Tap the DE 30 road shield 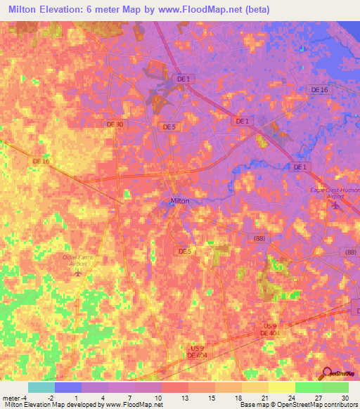click(115, 124)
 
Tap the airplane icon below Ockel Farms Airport click(77, 273)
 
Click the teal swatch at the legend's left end click(41, 387)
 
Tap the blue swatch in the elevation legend click(67, 387)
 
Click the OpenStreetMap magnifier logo click(326, 374)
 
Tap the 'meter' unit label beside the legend click(11, 397)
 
